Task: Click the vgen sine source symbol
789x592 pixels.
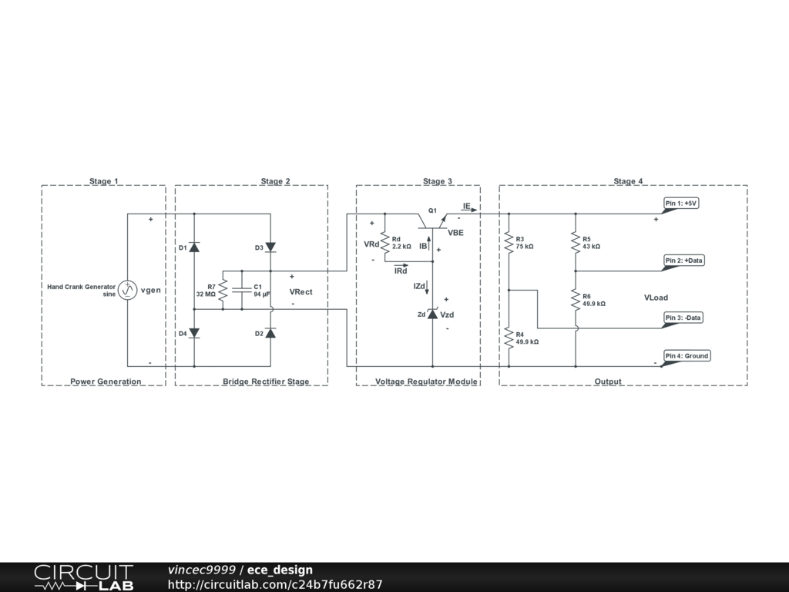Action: point(128,290)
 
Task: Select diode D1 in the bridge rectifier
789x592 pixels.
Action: point(194,247)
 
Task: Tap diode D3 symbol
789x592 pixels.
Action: point(270,247)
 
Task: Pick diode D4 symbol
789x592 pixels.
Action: point(194,333)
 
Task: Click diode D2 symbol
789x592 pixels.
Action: point(270,333)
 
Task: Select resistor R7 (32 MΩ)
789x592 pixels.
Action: point(222,290)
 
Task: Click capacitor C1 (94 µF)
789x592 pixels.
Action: point(242,290)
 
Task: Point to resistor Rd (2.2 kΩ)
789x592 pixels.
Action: point(384,243)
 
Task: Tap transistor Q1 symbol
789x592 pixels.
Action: point(432,220)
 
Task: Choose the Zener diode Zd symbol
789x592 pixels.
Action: point(432,314)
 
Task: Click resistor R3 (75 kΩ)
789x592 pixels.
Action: point(509,243)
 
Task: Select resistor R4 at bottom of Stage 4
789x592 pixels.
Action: point(509,337)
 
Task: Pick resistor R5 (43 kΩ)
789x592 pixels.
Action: point(576,243)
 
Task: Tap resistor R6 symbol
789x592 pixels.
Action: point(576,299)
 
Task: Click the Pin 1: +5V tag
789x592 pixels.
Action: point(680,203)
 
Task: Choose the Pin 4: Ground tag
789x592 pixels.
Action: point(686,356)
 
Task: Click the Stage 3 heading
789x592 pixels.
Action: point(438,182)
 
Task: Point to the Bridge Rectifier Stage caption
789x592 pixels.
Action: point(266,382)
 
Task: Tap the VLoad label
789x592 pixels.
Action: point(656,298)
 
